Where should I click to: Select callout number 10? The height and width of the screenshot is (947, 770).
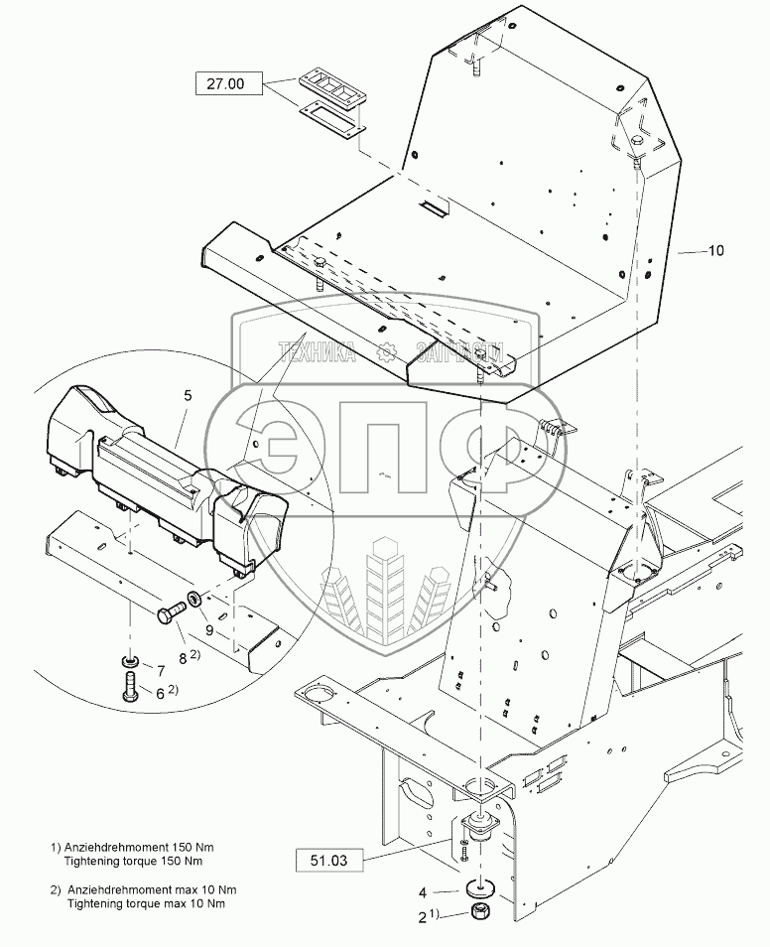tap(715, 251)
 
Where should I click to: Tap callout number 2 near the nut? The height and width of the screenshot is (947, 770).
tap(423, 918)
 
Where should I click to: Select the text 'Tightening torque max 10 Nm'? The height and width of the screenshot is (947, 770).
tap(145, 903)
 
